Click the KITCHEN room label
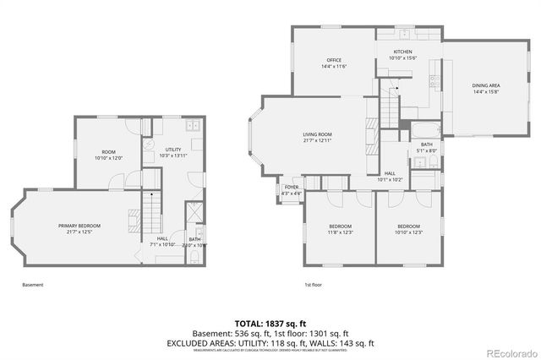pos(403,51)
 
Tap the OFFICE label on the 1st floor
pos(334,59)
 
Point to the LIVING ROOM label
pos(317,134)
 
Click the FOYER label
pos(291,187)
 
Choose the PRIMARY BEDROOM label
pos(79,226)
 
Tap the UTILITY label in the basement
pos(172,149)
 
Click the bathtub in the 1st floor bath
pos(422,130)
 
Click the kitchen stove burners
pos(434,82)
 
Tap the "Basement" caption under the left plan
pos(32,285)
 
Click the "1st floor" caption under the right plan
pos(314,285)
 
